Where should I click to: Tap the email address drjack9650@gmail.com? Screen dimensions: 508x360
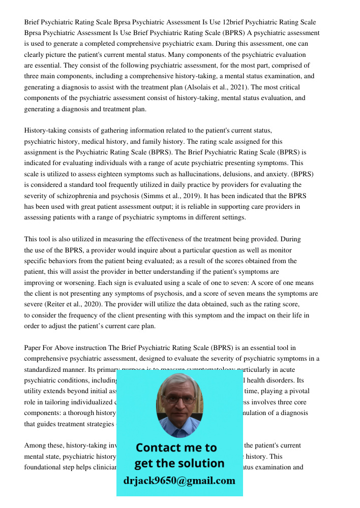click(x=179, y=481)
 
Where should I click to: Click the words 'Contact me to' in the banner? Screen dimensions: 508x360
click(x=176, y=448)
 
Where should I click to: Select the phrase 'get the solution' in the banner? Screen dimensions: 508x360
click(x=179, y=463)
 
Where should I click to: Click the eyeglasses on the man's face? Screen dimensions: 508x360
click(x=180, y=399)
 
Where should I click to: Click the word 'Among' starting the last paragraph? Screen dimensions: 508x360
click(x=35, y=446)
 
